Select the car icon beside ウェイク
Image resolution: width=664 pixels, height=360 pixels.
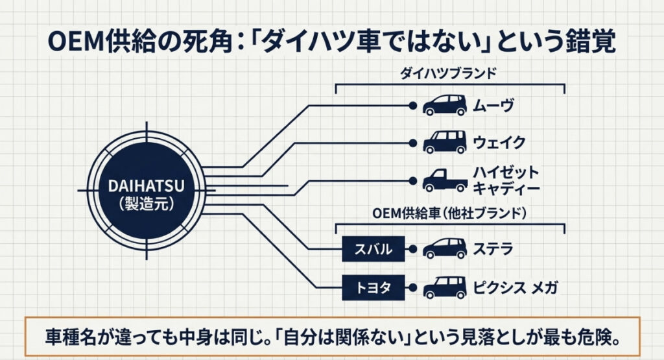444,141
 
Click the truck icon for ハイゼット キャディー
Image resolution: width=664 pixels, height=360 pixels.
444,180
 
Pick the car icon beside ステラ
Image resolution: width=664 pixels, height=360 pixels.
444,248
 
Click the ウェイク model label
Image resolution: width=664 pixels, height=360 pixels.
498,141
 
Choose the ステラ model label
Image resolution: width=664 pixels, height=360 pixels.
493,248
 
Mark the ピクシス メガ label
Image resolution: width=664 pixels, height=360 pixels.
516,286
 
